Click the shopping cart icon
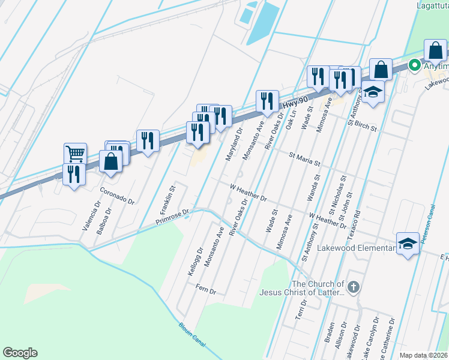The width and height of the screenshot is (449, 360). point(75,154)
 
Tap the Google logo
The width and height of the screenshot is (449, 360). point(20,353)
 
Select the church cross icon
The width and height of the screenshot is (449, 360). point(354,287)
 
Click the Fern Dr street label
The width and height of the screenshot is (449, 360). point(205,289)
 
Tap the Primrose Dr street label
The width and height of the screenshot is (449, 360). point(172,216)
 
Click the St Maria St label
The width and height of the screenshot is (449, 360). point(304,159)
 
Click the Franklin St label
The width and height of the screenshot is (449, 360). point(167,200)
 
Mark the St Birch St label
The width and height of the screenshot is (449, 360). point(361,124)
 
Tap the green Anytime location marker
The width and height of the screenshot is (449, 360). point(414,65)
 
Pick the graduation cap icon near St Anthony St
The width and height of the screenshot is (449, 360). point(373,92)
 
